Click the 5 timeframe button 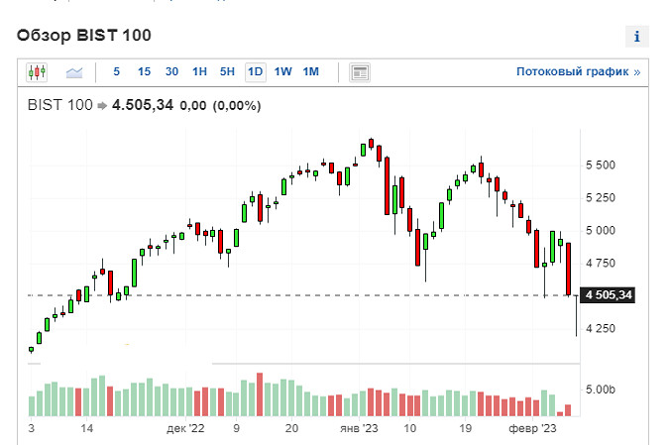[x=117, y=71]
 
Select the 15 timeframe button [x=144, y=71]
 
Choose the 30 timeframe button [x=171, y=71]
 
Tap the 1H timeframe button [x=199, y=71]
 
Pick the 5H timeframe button [x=227, y=71]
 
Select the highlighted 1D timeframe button [x=255, y=71]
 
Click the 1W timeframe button [x=282, y=71]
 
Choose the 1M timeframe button [x=310, y=71]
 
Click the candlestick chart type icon [x=38, y=71]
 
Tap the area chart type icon [x=74, y=71]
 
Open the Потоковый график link [x=578, y=72]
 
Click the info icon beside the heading [x=636, y=38]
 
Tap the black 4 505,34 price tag [x=608, y=295]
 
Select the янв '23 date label [x=359, y=429]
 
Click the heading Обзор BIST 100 [x=83, y=36]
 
